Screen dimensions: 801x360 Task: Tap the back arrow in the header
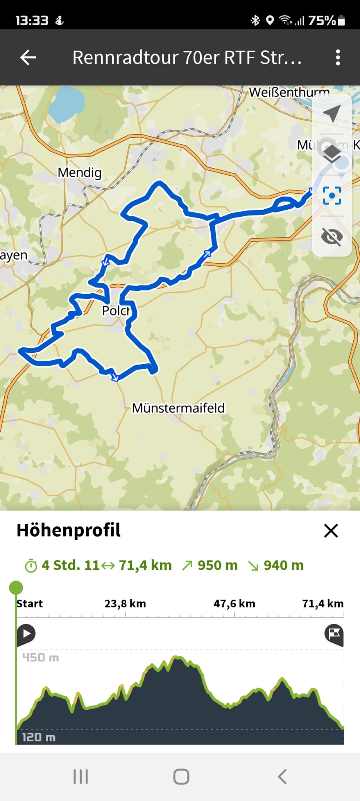(28, 57)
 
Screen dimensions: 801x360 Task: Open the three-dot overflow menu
(338, 57)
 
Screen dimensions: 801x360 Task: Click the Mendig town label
(80, 172)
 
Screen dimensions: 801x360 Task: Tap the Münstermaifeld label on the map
(178, 408)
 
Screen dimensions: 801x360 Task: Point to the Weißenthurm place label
(289, 92)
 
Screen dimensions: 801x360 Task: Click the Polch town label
(116, 311)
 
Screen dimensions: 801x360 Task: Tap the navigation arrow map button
(332, 113)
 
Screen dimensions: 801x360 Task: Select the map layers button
(332, 153)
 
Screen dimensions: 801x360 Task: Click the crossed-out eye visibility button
(332, 236)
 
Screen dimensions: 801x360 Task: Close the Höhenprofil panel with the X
(331, 531)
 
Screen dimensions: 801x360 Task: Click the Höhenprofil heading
(68, 530)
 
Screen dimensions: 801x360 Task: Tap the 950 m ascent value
(217, 566)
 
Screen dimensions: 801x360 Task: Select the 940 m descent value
(283, 566)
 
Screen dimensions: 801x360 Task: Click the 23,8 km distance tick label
(125, 603)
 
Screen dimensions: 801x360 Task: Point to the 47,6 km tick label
(234, 603)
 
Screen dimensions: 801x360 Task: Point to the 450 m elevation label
(40, 657)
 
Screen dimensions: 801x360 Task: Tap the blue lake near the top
(66, 104)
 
